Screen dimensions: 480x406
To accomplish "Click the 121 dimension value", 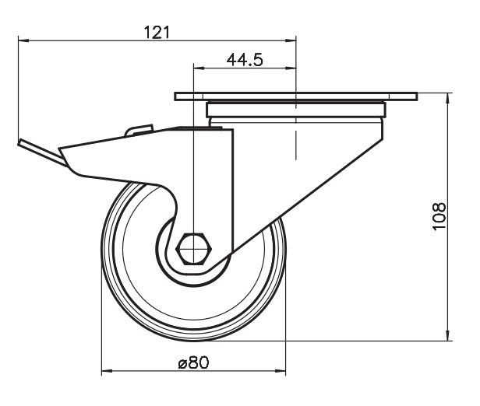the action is [157, 33].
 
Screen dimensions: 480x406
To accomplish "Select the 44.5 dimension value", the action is [245, 60].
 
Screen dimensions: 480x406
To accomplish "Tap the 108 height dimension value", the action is [439, 216].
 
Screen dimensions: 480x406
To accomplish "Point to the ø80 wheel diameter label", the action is [193, 362].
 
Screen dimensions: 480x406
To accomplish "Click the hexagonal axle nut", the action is [194, 248].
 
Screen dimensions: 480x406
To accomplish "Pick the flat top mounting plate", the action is [296, 96].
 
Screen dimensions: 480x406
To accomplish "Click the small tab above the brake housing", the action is [139, 130].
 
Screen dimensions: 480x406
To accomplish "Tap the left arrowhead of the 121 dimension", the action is [23, 40].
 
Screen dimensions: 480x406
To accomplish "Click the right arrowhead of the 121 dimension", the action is [291, 40].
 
